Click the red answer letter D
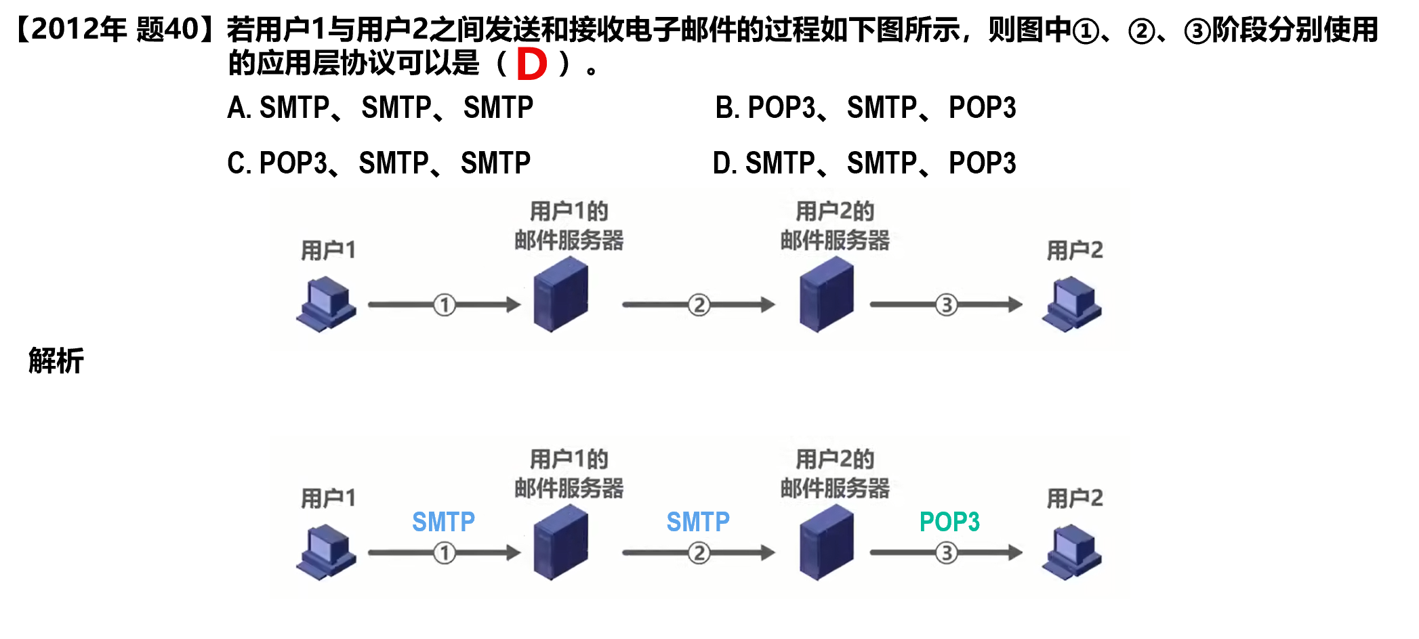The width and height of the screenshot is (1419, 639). [x=531, y=64]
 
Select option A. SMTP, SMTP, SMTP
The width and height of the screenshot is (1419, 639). [x=380, y=108]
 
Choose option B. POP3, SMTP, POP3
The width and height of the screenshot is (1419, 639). [x=865, y=108]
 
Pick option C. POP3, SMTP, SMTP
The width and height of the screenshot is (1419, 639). [x=379, y=163]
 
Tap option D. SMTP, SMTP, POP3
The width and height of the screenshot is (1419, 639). [x=864, y=163]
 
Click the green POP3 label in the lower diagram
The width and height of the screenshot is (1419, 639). [x=949, y=522]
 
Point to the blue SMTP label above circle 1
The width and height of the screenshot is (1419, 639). [x=443, y=522]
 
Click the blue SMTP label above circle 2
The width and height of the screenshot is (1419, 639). [x=698, y=522]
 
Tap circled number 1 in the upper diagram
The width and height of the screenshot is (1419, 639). [x=445, y=305]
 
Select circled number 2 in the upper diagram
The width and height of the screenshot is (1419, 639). [x=699, y=305]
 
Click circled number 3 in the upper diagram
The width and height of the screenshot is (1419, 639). [x=947, y=305]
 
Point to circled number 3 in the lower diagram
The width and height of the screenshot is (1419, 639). [x=947, y=553]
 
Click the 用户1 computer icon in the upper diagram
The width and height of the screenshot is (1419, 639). [x=327, y=304]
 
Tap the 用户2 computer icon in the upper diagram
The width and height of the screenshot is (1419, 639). [x=1072, y=304]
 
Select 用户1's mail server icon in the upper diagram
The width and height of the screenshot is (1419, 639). [x=560, y=295]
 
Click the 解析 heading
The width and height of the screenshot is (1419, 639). [x=56, y=360]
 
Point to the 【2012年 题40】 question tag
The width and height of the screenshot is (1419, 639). [x=114, y=29]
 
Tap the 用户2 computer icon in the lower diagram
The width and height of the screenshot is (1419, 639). [x=1072, y=552]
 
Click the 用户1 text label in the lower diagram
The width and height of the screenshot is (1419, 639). [x=328, y=499]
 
